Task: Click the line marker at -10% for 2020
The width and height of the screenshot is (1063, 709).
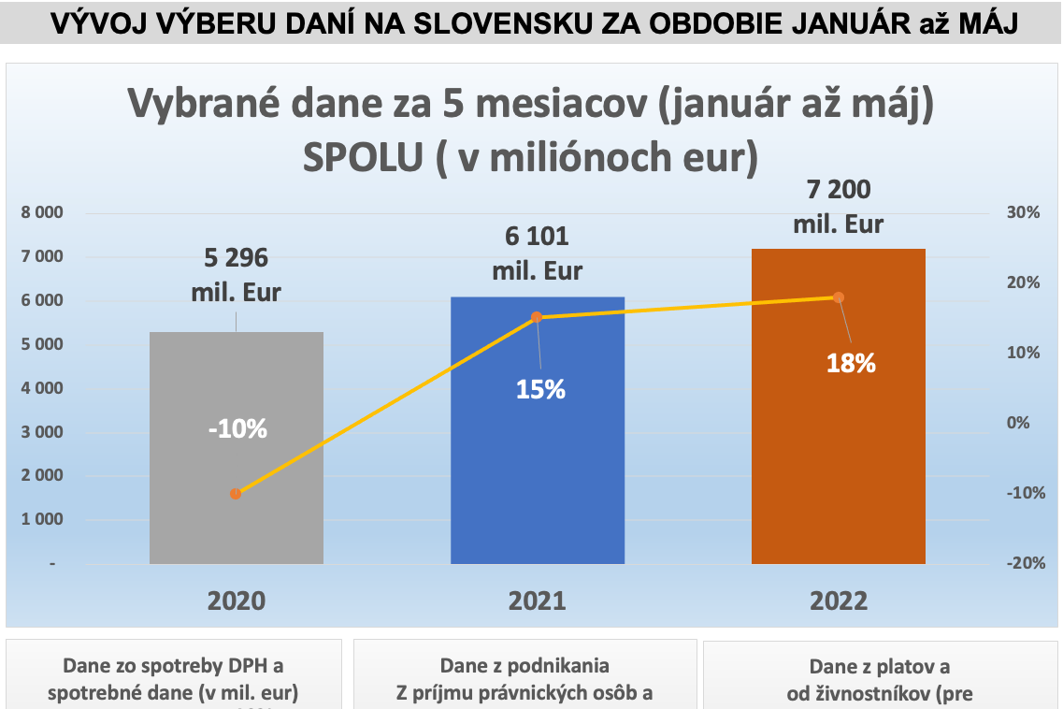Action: [x=236, y=494]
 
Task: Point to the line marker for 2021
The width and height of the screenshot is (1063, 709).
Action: [x=537, y=317]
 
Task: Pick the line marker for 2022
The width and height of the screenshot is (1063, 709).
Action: [x=839, y=297]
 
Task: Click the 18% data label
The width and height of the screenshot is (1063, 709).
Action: [x=851, y=364]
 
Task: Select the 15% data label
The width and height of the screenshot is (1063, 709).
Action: [x=541, y=389]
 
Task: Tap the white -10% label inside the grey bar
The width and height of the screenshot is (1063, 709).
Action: [x=237, y=429]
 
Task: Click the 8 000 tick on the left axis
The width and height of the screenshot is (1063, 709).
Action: [x=42, y=213]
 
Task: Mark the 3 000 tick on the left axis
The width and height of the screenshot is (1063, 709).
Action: [x=42, y=432]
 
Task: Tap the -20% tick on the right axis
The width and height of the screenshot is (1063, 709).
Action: [x=1023, y=563]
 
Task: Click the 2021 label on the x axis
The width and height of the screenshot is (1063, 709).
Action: [x=537, y=600]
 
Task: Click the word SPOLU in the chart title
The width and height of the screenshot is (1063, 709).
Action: [x=359, y=156]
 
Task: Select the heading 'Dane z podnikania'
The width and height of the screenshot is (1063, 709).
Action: [x=524, y=666]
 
